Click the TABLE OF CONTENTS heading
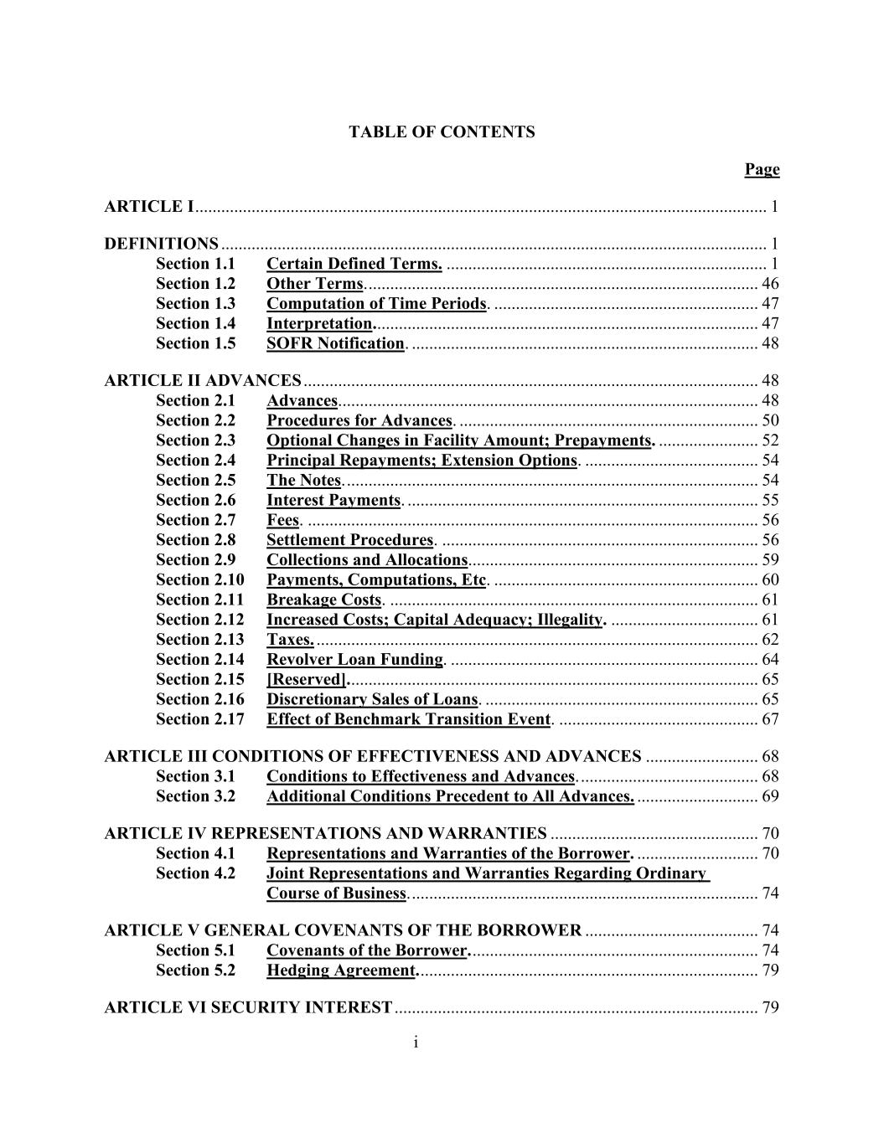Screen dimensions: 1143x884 pyautogui.click(x=442, y=132)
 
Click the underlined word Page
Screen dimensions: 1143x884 pyautogui.click(x=762, y=170)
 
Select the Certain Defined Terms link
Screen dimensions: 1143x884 pyautogui.click(x=354, y=265)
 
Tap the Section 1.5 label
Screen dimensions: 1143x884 pyautogui.click(x=195, y=343)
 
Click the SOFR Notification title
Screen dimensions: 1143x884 pyautogui.click(x=335, y=343)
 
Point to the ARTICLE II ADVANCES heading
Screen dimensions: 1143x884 pyautogui.click(x=202, y=381)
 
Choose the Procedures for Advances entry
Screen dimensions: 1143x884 pyautogui.click(x=359, y=420)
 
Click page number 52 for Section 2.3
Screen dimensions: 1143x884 pyautogui.click(x=770, y=440)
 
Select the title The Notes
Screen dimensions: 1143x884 pyautogui.click(x=304, y=480)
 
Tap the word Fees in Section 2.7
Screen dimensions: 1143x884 pyautogui.click(x=282, y=520)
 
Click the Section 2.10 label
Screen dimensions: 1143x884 pyautogui.click(x=199, y=579)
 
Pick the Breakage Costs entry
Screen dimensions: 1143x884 pyautogui.click(x=324, y=600)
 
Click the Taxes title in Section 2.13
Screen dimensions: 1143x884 pyautogui.click(x=290, y=640)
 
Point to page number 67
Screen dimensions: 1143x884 pyautogui.click(x=770, y=719)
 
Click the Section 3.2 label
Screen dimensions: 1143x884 pyautogui.click(x=195, y=796)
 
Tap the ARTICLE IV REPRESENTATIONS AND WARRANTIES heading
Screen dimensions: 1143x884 pyautogui.click(x=325, y=833)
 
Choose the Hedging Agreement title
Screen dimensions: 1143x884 pyautogui.click(x=341, y=971)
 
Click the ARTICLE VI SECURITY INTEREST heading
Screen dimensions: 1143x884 pyautogui.click(x=248, y=1007)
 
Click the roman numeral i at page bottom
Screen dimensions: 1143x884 pyautogui.click(x=416, y=1042)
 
